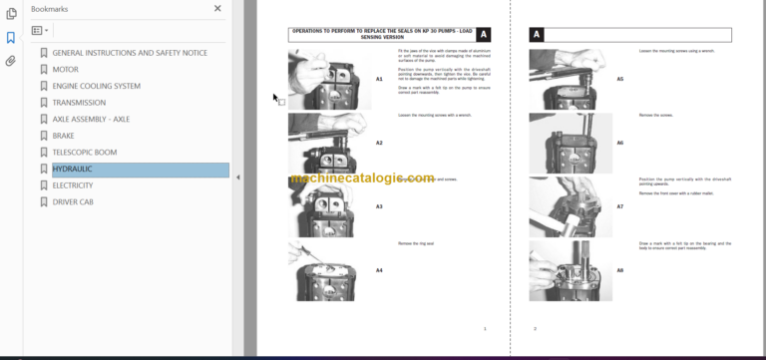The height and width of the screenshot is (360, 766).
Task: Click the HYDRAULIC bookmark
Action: click(x=72, y=170)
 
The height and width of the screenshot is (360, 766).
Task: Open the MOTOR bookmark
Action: click(x=65, y=70)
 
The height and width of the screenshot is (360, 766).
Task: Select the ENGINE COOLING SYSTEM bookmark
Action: click(x=96, y=87)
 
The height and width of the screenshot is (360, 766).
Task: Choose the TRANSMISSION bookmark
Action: click(x=79, y=103)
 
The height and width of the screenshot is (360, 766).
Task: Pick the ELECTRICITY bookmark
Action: click(x=72, y=185)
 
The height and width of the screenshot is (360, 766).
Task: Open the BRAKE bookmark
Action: click(x=64, y=136)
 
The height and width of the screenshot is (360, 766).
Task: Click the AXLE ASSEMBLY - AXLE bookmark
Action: click(x=91, y=120)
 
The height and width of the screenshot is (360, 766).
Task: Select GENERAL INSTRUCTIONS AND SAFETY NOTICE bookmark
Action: click(x=130, y=53)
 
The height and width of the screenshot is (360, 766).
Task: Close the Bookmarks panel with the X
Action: click(x=217, y=9)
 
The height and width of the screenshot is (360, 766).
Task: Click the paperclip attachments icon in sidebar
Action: click(x=11, y=61)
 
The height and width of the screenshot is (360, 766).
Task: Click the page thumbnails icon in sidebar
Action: click(x=11, y=14)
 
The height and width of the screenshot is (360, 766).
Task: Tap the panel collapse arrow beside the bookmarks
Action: click(x=237, y=177)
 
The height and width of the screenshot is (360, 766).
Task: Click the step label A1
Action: click(x=379, y=79)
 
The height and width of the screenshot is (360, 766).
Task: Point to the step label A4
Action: click(x=379, y=270)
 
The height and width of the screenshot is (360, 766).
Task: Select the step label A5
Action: click(x=619, y=79)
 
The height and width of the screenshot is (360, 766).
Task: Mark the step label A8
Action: click(x=619, y=270)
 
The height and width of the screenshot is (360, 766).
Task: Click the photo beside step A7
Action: click(x=564, y=206)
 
